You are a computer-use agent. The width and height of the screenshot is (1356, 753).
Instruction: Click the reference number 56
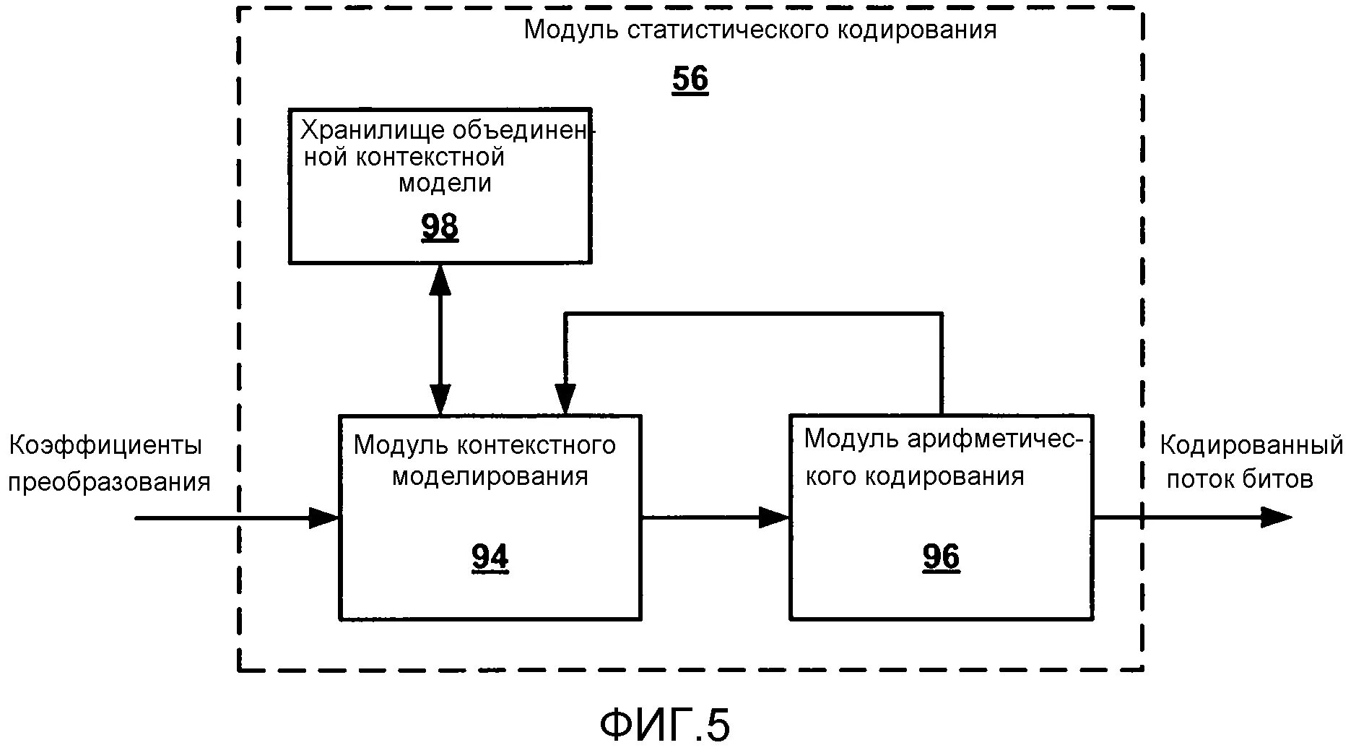click(690, 79)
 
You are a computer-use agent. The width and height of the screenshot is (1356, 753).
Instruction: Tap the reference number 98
click(440, 227)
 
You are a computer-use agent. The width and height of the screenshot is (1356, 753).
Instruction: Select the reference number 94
click(490, 557)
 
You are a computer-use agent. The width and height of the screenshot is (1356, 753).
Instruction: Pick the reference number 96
click(941, 557)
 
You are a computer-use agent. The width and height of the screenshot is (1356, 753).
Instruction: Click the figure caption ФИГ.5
click(664, 725)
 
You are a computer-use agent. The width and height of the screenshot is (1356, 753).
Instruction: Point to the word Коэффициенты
click(105, 445)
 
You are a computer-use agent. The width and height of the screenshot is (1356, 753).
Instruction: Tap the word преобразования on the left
click(109, 482)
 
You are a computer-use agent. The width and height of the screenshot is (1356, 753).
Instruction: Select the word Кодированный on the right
click(1251, 445)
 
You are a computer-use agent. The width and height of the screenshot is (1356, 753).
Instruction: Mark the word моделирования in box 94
click(490, 477)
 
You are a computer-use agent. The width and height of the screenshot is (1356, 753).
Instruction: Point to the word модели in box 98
click(445, 183)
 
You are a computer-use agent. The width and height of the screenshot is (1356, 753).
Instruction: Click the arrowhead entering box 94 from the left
click(325, 517)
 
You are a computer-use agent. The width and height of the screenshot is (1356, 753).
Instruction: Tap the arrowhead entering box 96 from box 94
click(775, 517)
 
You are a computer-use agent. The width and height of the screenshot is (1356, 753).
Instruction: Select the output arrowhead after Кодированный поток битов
click(1276, 517)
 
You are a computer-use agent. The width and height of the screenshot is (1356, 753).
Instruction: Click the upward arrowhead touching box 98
click(440, 279)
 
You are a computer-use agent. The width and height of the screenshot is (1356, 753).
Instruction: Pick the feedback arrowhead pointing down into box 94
click(565, 399)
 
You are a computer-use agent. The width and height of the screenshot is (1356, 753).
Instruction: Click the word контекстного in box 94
click(536, 445)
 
